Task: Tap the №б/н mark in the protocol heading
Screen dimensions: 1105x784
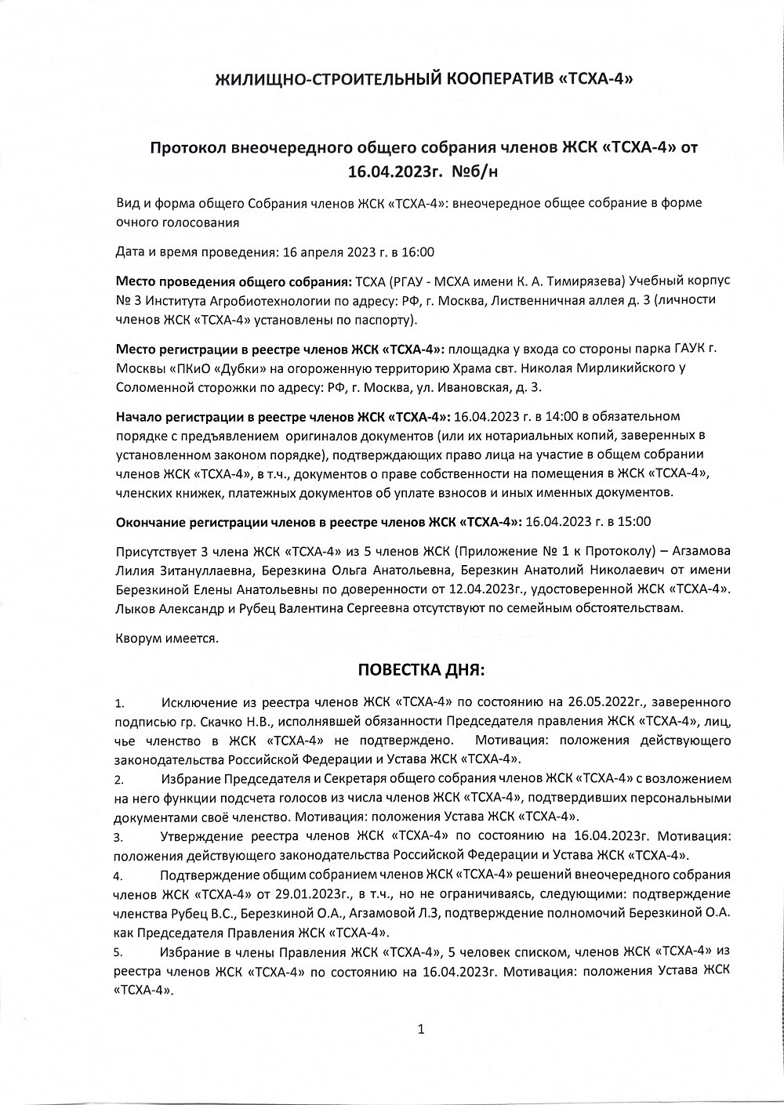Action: click(x=492, y=168)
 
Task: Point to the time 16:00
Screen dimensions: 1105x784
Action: click(x=419, y=252)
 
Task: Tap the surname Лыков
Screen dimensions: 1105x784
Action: click(x=135, y=608)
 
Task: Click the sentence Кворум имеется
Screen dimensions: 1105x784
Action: click(x=167, y=637)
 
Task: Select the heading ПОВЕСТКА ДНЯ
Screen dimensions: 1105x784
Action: click(x=422, y=670)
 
